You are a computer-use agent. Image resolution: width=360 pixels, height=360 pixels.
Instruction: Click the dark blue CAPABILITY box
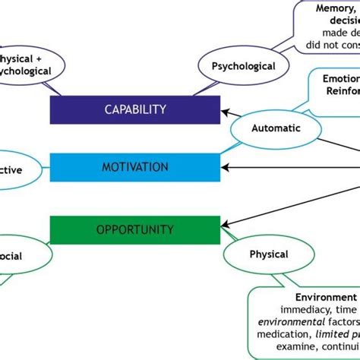click(134, 109)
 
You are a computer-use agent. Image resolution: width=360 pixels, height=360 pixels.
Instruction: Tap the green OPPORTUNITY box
click(134, 229)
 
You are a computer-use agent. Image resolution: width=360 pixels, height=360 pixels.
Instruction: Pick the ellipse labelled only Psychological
click(243, 66)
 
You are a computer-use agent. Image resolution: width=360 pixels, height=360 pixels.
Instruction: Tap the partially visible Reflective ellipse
click(18, 170)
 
